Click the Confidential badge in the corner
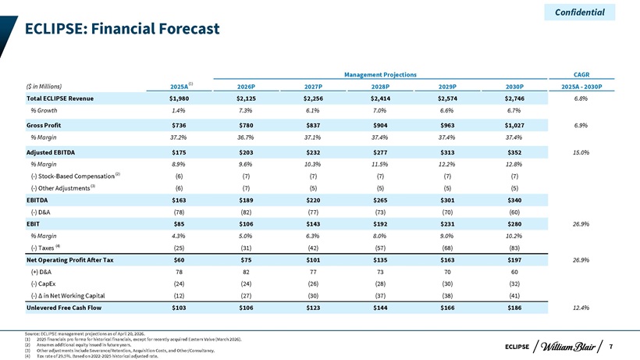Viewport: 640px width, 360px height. point(580,12)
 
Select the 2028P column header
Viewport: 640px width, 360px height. point(380,87)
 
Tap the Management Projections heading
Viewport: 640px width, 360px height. point(380,75)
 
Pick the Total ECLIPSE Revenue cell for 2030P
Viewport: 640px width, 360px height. point(514,98)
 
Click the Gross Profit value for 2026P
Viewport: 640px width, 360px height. point(246,125)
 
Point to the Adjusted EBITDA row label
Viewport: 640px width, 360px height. point(51,152)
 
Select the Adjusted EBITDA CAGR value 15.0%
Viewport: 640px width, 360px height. point(581,152)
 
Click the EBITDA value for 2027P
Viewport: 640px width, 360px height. point(313,200)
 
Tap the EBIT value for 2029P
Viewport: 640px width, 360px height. point(447,223)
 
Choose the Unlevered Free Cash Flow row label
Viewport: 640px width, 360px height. point(64,308)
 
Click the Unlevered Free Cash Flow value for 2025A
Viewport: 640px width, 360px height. point(179,308)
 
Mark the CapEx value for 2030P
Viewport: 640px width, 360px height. point(514,283)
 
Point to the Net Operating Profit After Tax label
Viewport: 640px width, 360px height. point(69,260)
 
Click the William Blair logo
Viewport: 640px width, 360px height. point(567,347)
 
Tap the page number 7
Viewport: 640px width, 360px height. point(611,347)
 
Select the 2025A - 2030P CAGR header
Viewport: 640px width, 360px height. point(581,87)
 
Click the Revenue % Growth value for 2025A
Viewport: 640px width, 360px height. point(179,110)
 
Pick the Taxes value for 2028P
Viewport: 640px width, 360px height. point(380,248)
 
